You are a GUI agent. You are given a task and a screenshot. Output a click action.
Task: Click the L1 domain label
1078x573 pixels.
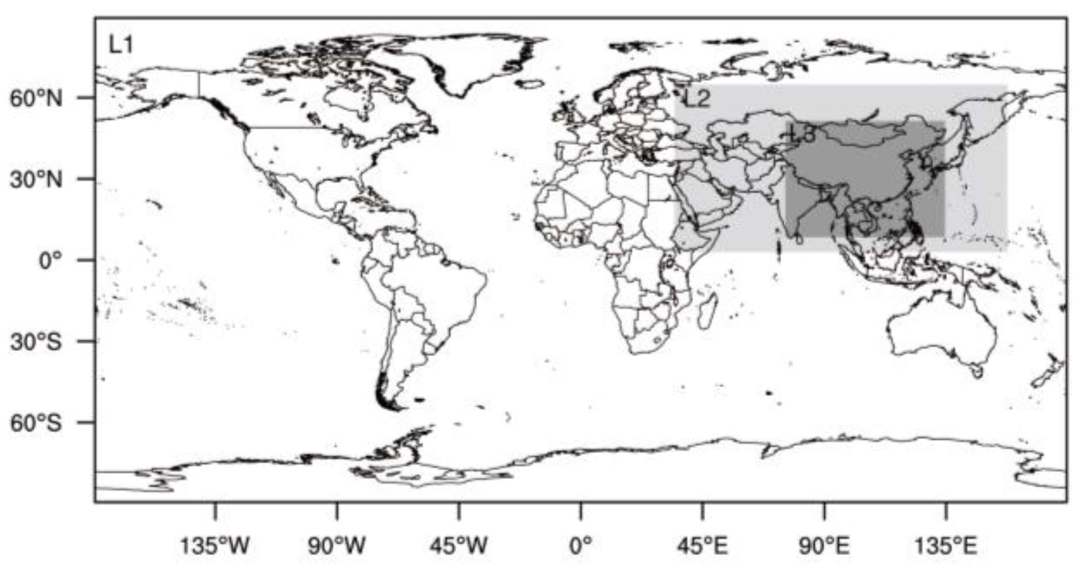(121, 45)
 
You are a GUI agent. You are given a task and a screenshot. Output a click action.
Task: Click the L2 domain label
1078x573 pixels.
(698, 99)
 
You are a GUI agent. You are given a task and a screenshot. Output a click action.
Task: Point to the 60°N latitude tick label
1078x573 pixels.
(36, 98)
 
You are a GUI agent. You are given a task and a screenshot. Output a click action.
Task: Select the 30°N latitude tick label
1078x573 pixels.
(36, 179)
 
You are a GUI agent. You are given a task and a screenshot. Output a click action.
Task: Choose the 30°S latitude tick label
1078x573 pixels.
(36, 342)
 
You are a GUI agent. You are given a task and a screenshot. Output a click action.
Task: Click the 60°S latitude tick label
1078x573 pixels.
(36, 423)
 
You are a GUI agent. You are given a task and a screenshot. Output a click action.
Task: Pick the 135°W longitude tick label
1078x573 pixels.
(215, 545)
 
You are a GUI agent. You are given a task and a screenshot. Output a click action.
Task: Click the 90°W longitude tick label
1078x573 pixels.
(337, 545)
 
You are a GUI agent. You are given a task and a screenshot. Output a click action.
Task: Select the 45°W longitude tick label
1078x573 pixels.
(458, 545)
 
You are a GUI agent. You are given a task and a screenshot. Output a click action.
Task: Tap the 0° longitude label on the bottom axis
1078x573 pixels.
(580, 545)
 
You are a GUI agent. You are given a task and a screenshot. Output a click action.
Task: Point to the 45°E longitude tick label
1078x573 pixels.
(702, 545)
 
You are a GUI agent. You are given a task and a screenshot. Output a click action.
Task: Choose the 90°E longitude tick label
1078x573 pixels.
(824, 545)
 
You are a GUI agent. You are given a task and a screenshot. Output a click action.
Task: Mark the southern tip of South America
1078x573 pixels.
(391, 406)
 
